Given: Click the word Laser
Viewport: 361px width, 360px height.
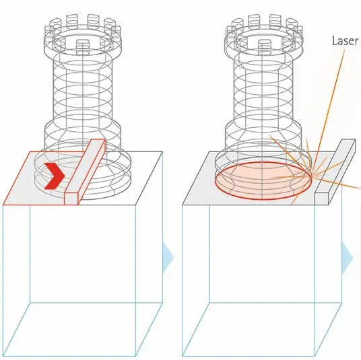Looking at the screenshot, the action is point(345,41).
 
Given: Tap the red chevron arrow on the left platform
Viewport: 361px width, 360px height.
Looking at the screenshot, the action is point(55,176).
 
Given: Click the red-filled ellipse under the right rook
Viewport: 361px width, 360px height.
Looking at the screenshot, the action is point(263,180).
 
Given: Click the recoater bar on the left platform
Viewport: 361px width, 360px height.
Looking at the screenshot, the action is point(85,172).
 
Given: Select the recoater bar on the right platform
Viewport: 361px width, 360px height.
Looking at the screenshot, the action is point(335,172).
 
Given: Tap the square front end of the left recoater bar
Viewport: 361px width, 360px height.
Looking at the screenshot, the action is point(71,199).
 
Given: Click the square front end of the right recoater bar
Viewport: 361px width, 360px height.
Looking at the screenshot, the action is point(321,199).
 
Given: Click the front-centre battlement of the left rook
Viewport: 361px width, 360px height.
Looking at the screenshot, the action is point(83,46).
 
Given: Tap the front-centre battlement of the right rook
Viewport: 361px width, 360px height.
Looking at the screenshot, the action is point(265,46).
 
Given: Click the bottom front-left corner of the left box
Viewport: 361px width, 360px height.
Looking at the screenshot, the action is point(3,357).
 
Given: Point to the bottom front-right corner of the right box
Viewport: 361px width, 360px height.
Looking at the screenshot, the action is point(315,357).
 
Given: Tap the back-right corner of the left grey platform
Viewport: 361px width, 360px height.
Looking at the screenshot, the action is point(162,151).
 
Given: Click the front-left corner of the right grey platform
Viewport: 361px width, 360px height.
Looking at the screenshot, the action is point(183,205).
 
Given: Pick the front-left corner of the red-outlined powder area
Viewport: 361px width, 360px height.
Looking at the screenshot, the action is point(3,205).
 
